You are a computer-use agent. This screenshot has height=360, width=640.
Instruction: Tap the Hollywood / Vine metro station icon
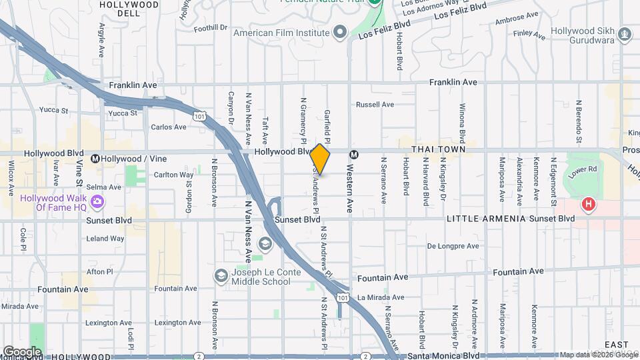click(95, 159)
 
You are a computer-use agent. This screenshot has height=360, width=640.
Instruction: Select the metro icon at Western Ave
click(354, 154)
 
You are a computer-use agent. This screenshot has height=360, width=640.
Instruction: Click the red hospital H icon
click(588, 205)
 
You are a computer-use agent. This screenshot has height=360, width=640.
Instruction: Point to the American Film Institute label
click(280, 31)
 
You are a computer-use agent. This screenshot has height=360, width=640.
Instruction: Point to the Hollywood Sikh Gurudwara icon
click(625, 33)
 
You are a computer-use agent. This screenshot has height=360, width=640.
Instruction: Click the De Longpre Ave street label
click(453, 246)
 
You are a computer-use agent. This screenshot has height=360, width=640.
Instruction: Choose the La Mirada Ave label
click(381, 297)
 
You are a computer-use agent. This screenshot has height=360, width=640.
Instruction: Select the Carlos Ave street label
click(169, 127)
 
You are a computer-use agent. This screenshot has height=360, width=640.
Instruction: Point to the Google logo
click(22, 351)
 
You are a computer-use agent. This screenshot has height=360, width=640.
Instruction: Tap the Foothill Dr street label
click(211, 28)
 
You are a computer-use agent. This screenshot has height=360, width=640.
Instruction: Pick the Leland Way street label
click(105, 238)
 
